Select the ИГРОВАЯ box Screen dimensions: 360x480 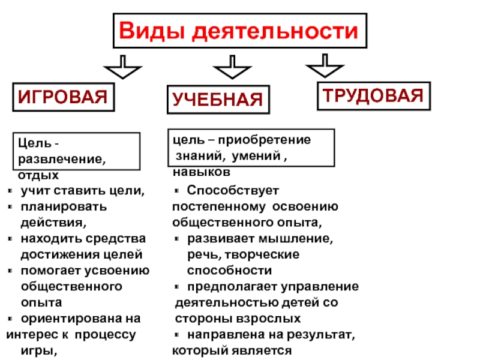(x=65, y=96)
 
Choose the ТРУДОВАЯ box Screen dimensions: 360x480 (x=373, y=95)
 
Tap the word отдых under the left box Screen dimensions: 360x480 (x=38, y=176)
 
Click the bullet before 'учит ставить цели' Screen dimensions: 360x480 (x=11, y=191)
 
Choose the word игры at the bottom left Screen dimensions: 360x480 (x=39, y=350)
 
